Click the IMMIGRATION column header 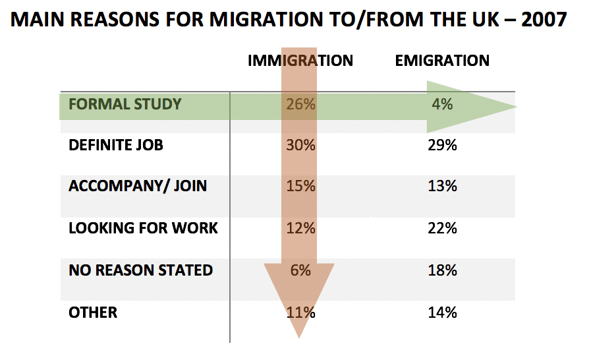pyautogui.click(x=300, y=61)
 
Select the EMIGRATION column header pyautogui.click(x=442, y=61)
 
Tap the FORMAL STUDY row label pyautogui.click(x=125, y=104)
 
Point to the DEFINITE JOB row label pyautogui.click(x=116, y=145)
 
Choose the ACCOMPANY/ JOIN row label pyautogui.click(x=138, y=186)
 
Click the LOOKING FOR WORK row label pyautogui.click(x=143, y=229)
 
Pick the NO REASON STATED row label pyautogui.click(x=140, y=270)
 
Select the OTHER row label pyautogui.click(x=93, y=312)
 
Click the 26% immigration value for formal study pyautogui.click(x=300, y=104)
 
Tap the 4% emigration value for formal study pyautogui.click(x=442, y=104)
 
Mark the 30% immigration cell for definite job pyautogui.click(x=300, y=145)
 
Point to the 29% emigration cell pyautogui.click(x=442, y=145)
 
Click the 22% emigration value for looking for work pyautogui.click(x=442, y=229)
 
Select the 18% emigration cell pyautogui.click(x=442, y=270)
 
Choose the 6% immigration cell pyautogui.click(x=300, y=270)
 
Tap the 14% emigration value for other pyautogui.click(x=442, y=312)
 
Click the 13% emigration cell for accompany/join pyautogui.click(x=442, y=186)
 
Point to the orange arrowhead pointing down pyautogui.click(x=299, y=297)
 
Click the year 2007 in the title pyautogui.click(x=544, y=20)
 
